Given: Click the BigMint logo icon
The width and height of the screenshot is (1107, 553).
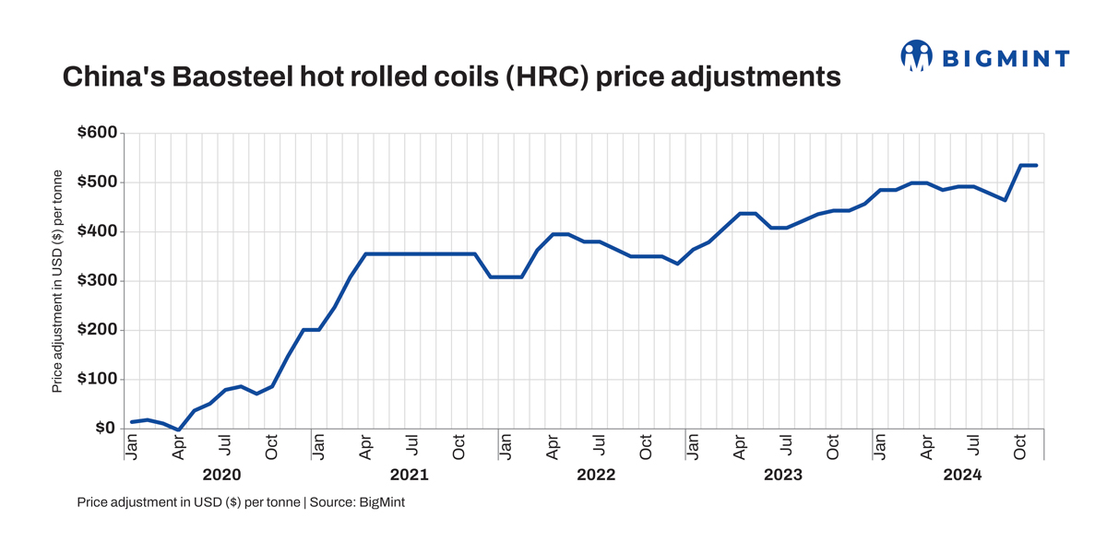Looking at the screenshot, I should click(916, 56).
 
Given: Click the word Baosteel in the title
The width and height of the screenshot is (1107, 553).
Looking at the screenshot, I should click(211, 77).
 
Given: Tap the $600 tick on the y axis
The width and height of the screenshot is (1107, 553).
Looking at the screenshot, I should click(97, 134).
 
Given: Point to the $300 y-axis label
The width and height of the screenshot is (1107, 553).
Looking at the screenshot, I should click(97, 281).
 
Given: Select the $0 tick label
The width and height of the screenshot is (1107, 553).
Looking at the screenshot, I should click(103, 429).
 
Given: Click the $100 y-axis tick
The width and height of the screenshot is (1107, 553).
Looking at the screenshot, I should click(97, 380).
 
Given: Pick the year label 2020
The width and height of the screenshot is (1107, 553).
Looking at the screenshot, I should click(221, 476).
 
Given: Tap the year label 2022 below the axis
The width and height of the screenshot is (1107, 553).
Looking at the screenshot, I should click(596, 476).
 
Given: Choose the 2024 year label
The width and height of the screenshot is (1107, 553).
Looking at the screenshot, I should click(963, 476).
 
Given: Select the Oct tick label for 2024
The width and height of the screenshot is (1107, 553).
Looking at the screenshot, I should click(1021, 446).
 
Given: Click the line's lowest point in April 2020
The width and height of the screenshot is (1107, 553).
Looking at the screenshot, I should click(179, 429).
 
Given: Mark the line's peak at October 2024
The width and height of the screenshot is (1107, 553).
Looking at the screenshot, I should click(1021, 166).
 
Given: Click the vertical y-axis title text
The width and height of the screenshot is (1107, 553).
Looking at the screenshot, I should click(57, 281).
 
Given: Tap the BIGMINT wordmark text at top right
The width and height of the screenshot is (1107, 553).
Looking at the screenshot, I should click(1006, 59).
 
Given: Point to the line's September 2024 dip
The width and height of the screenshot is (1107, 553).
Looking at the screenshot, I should click(1006, 200).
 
